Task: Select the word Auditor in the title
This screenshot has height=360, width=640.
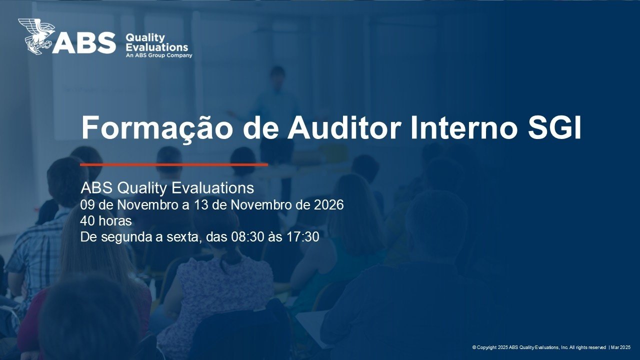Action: point(343,127)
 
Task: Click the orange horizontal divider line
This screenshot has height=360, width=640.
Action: point(174,164)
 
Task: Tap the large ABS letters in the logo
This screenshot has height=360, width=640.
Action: point(83,43)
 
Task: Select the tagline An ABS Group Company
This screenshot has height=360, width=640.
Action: point(159,55)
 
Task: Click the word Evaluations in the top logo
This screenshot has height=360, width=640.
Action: point(157,47)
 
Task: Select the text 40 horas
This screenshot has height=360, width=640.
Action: point(106,221)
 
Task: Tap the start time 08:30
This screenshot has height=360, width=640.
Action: point(247,237)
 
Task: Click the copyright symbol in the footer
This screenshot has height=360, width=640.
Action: point(474,347)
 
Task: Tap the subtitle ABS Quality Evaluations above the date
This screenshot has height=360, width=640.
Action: point(167,188)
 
